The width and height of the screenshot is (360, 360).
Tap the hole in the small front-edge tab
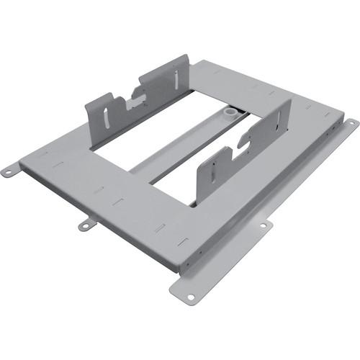point(84,226)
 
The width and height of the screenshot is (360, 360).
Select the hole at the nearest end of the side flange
point(190,296)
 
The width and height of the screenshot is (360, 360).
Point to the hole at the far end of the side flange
point(351,124)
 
